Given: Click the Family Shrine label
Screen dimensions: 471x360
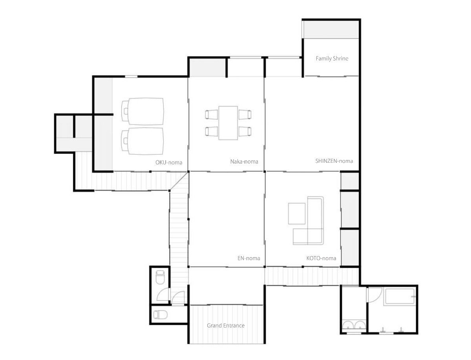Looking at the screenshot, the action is pos(332,58).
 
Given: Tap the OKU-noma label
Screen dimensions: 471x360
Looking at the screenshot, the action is pos(169,162).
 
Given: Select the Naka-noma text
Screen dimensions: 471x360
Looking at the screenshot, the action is pos(244,162).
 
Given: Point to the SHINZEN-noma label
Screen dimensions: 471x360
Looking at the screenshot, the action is pos(334,161).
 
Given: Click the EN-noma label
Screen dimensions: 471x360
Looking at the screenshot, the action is pos(249,258).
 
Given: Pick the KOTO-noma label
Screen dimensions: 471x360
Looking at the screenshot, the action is pos(321,258).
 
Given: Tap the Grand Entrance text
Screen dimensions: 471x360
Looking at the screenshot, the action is pos(226,325).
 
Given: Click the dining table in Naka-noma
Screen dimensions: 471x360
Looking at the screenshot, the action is pos(228,123).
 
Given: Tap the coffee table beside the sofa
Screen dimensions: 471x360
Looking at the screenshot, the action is pos(297,214).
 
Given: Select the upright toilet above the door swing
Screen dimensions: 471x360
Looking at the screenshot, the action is pos(160,277).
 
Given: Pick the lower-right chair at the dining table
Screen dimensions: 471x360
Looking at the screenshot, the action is pos(245,131).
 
